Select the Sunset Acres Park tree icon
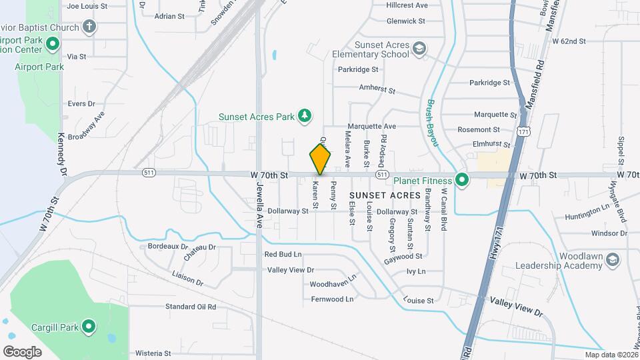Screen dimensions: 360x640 pyautogui.click(x=305, y=116)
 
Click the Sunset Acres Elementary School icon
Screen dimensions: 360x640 pyautogui.click(x=419, y=49)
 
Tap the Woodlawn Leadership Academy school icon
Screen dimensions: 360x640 pyautogui.click(x=612, y=261)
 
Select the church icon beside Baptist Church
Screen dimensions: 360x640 pyautogui.click(x=89, y=27)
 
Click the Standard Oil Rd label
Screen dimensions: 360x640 pyautogui.click(x=191, y=307)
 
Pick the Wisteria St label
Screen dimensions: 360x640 pyautogui.click(x=153, y=353)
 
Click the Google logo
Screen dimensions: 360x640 pyautogui.click(x=22, y=351)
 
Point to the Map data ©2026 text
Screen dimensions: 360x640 pyautogui.click(x=610, y=355)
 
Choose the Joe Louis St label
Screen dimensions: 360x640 pyautogui.click(x=87, y=5)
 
